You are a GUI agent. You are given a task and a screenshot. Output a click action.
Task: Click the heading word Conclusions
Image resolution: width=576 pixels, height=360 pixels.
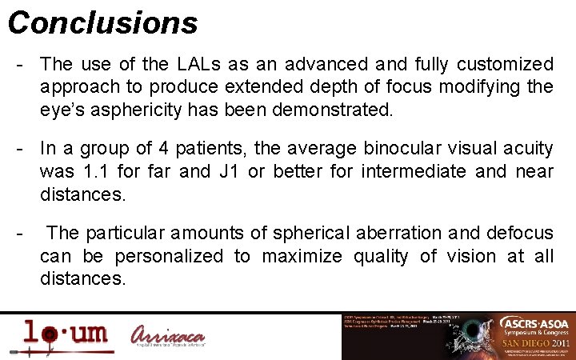(x=102, y=23)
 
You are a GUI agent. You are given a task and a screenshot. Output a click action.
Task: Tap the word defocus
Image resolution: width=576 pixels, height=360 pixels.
(x=515, y=234)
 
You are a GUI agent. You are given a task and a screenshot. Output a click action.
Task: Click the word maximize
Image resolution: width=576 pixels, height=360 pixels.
(x=295, y=257)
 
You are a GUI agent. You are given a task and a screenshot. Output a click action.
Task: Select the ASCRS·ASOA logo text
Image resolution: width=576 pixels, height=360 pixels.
(x=532, y=323)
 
